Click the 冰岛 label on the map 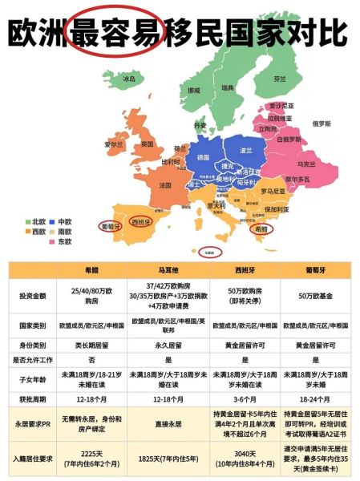(129, 79)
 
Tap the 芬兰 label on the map (278, 79)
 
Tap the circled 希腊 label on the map (261, 228)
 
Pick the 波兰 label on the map (245, 150)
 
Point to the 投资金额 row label (33, 296)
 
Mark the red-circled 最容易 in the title (118, 34)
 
